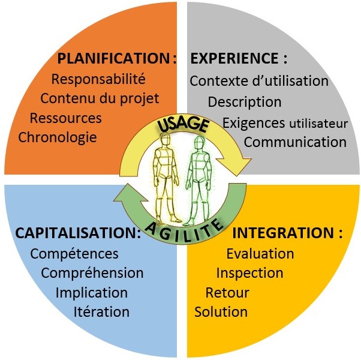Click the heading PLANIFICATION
(113, 58)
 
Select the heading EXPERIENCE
(234, 58)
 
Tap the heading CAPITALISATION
(76, 233)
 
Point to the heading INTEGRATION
(283, 233)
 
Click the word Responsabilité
(98, 79)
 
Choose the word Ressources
(66, 118)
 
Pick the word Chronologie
(58, 137)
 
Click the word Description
(245, 102)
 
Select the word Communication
(295, 142)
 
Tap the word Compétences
(74, 254)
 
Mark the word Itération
(101, 312)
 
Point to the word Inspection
(249, 273)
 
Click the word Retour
(227, 293)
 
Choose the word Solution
(221, 312)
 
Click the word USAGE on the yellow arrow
(183, 125)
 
